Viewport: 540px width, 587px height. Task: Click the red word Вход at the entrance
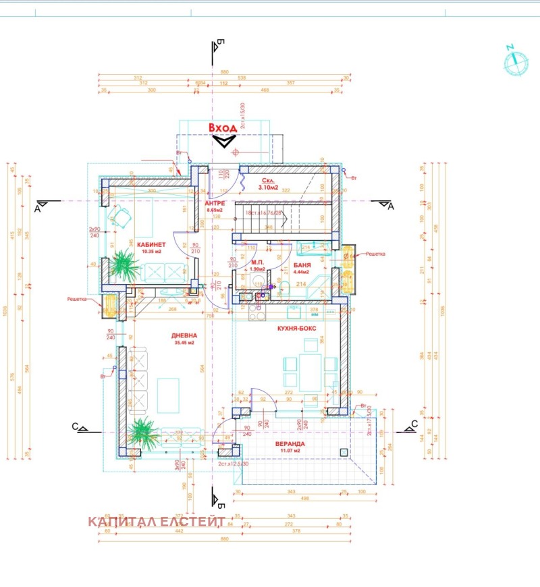point(222,128)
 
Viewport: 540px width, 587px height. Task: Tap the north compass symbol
point(516,61)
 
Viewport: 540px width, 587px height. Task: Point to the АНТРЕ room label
point(215,202)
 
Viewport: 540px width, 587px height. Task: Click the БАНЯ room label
point(302,266)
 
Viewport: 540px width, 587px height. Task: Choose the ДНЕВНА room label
point(184,335)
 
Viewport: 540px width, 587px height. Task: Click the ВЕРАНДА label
point(290,444)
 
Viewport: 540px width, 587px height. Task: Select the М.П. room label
point(257,262)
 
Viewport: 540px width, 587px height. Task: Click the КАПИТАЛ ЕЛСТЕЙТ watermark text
point(156,522)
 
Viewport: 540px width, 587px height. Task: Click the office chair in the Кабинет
point(122,217)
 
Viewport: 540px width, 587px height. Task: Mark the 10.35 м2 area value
point(153,252)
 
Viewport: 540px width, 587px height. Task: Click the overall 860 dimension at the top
point(224,72)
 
